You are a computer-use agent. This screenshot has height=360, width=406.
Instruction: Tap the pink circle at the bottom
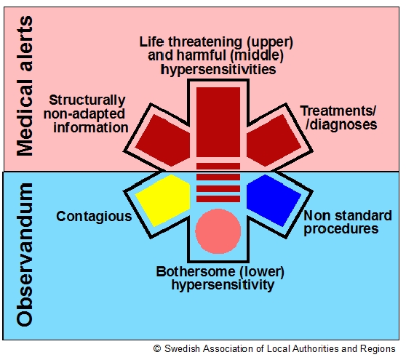coord(218,230)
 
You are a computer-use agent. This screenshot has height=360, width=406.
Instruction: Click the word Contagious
coord(94,216)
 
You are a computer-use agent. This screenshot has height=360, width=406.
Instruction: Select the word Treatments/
coord(338,110)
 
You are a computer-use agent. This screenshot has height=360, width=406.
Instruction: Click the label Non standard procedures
coord(341,222)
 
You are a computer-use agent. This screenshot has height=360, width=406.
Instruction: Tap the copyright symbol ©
coord(156,349)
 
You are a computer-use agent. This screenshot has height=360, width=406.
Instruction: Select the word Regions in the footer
coord(381,349)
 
